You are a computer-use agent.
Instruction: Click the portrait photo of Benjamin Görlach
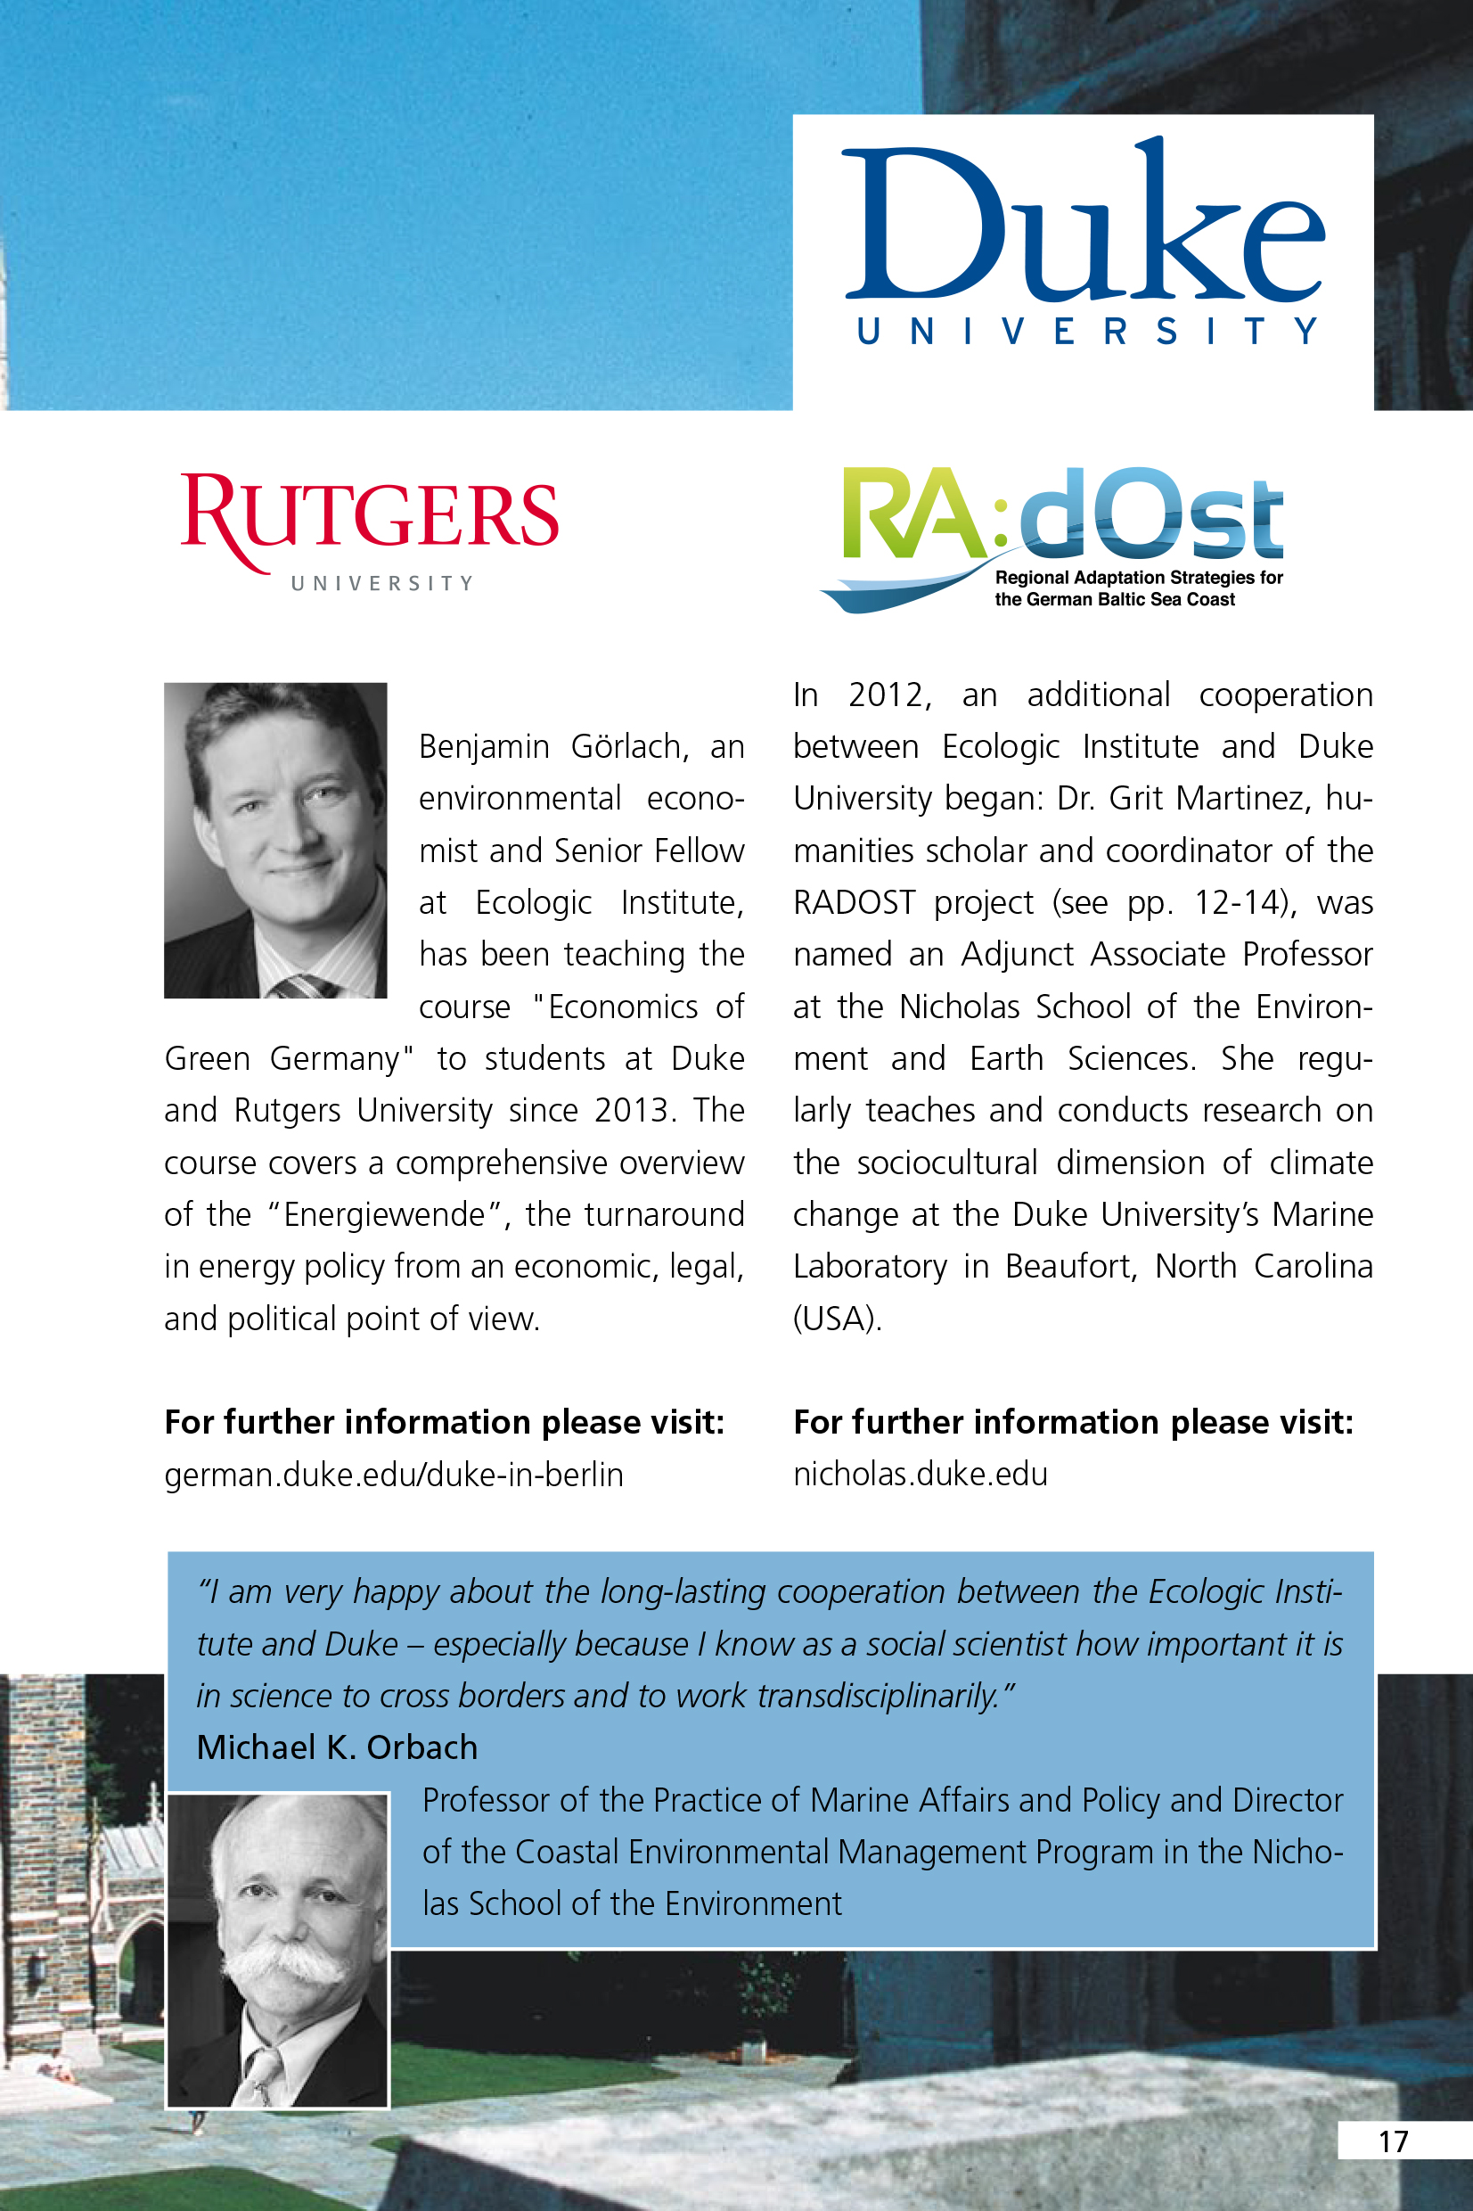tap(275, 839)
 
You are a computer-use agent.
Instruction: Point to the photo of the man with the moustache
tap(277, 1949)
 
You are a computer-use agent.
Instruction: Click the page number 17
tap(1393, 2141)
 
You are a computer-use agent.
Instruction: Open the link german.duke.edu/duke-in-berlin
tap(394, 1475)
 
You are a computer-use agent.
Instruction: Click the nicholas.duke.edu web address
tap(920, 1474)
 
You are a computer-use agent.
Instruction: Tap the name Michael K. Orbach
tap(337, 1747)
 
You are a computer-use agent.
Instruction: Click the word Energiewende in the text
tap(384, 1214)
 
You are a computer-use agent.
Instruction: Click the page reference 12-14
tap(1241, 902)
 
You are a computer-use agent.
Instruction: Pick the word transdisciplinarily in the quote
tap(879, 1695)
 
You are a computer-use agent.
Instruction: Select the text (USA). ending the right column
tap(837, 1319)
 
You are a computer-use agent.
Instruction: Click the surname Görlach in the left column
tap(629, 746)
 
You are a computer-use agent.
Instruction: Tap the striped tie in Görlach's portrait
tap(302, 986)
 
